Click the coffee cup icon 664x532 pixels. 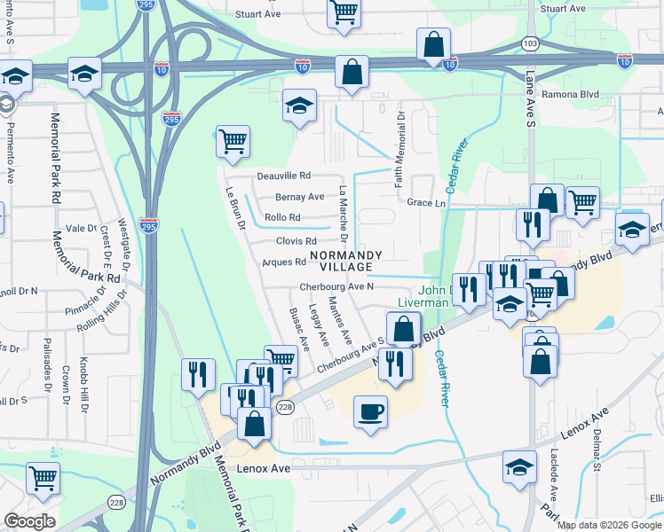coord(369,411)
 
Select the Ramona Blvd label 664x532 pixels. coord(576,94)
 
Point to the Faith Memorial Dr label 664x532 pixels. coord(400,141)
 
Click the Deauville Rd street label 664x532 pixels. coord(284,176)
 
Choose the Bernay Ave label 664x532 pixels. coord(300,197)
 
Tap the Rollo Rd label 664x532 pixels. coord(283,217)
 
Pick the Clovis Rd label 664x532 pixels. coord(296,241)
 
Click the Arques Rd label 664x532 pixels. coord(283,262)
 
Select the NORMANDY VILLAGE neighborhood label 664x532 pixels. coord(345,261)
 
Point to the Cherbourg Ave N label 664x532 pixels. coord(336,286)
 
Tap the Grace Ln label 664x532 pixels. coord(426,203)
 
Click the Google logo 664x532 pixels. coord(28,521)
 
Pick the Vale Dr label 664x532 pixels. coord(80,228)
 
